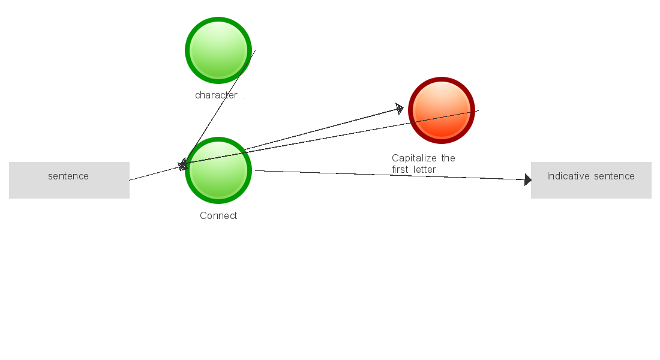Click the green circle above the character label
point(218,50)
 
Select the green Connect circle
point(218,170)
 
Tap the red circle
point(442,110)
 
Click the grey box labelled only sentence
point(69,180)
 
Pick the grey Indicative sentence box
point(591,180)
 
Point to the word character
point(216,95)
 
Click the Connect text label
point(218,216)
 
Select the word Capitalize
point(415,158)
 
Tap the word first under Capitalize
point(400,170)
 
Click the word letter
point(424,170)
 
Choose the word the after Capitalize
point(448,158)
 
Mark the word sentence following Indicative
point(614,176)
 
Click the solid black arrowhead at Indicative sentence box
point(528,179)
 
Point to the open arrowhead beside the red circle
point(399,109)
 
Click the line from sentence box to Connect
point(153,173)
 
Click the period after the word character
point(244,98)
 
